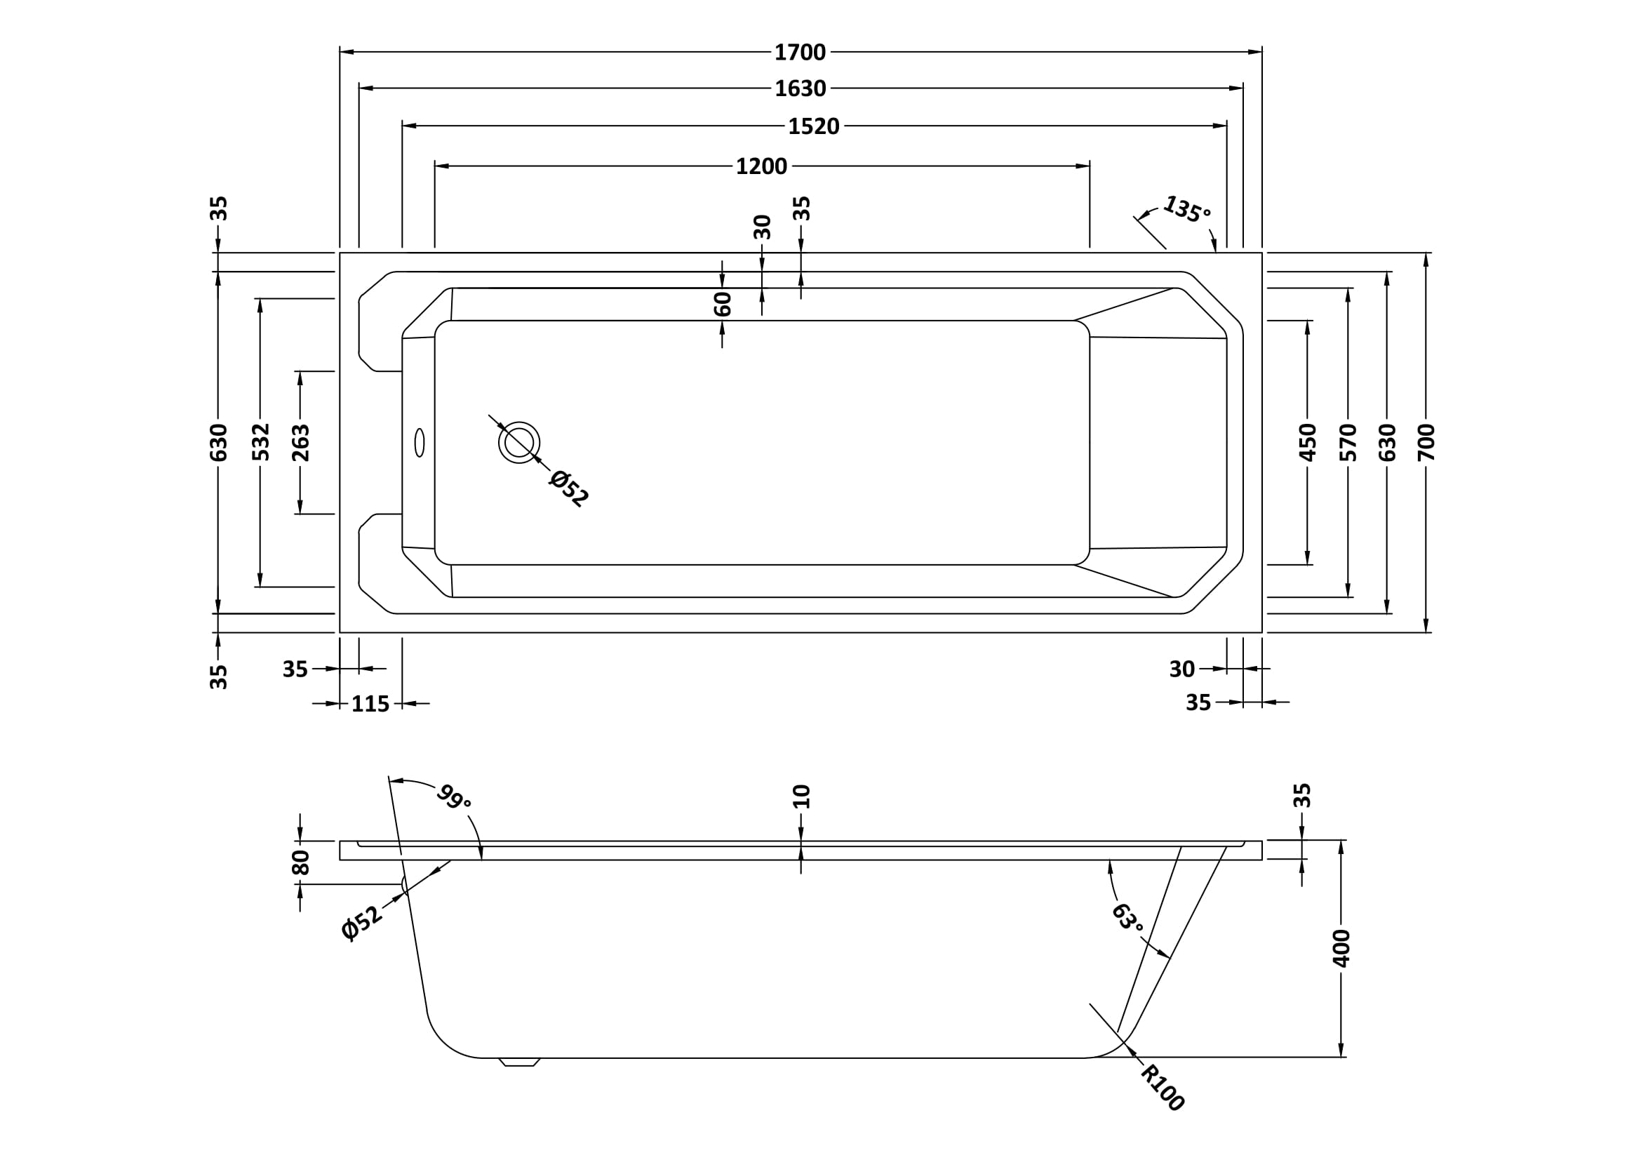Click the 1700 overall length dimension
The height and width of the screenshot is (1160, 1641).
[x=800, y=52]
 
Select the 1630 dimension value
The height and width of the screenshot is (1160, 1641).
[x=800, y=88]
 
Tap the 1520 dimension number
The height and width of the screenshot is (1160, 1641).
[x=813, y=126]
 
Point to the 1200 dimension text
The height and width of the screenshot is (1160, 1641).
[x=761, y=166]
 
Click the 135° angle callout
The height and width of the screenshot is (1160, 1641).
[x=1186, y=208]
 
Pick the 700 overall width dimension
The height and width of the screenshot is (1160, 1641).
[x=1426, y=441]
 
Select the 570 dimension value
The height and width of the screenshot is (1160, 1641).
[x=1348, y=441]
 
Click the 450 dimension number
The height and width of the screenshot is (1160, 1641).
[x=1307, y=441]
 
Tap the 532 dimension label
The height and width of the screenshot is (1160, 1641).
[x=261, y=441]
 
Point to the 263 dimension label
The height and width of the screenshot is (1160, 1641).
[x=301, y=441]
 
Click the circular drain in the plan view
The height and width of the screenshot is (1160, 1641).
[x=519, y=442]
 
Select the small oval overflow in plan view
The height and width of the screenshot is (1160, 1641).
[x=420, y=442]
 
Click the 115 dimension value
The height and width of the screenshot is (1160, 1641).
[x=370, y=704]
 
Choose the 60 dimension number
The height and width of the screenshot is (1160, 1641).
[x=723, y=304]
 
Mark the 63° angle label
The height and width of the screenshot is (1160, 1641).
[x=1127, y=917]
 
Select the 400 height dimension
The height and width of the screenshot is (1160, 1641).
[x=1341, y=948]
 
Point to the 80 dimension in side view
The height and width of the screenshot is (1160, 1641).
[x=301, y=862]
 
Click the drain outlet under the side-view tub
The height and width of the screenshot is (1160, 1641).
[x=520, y=1062]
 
